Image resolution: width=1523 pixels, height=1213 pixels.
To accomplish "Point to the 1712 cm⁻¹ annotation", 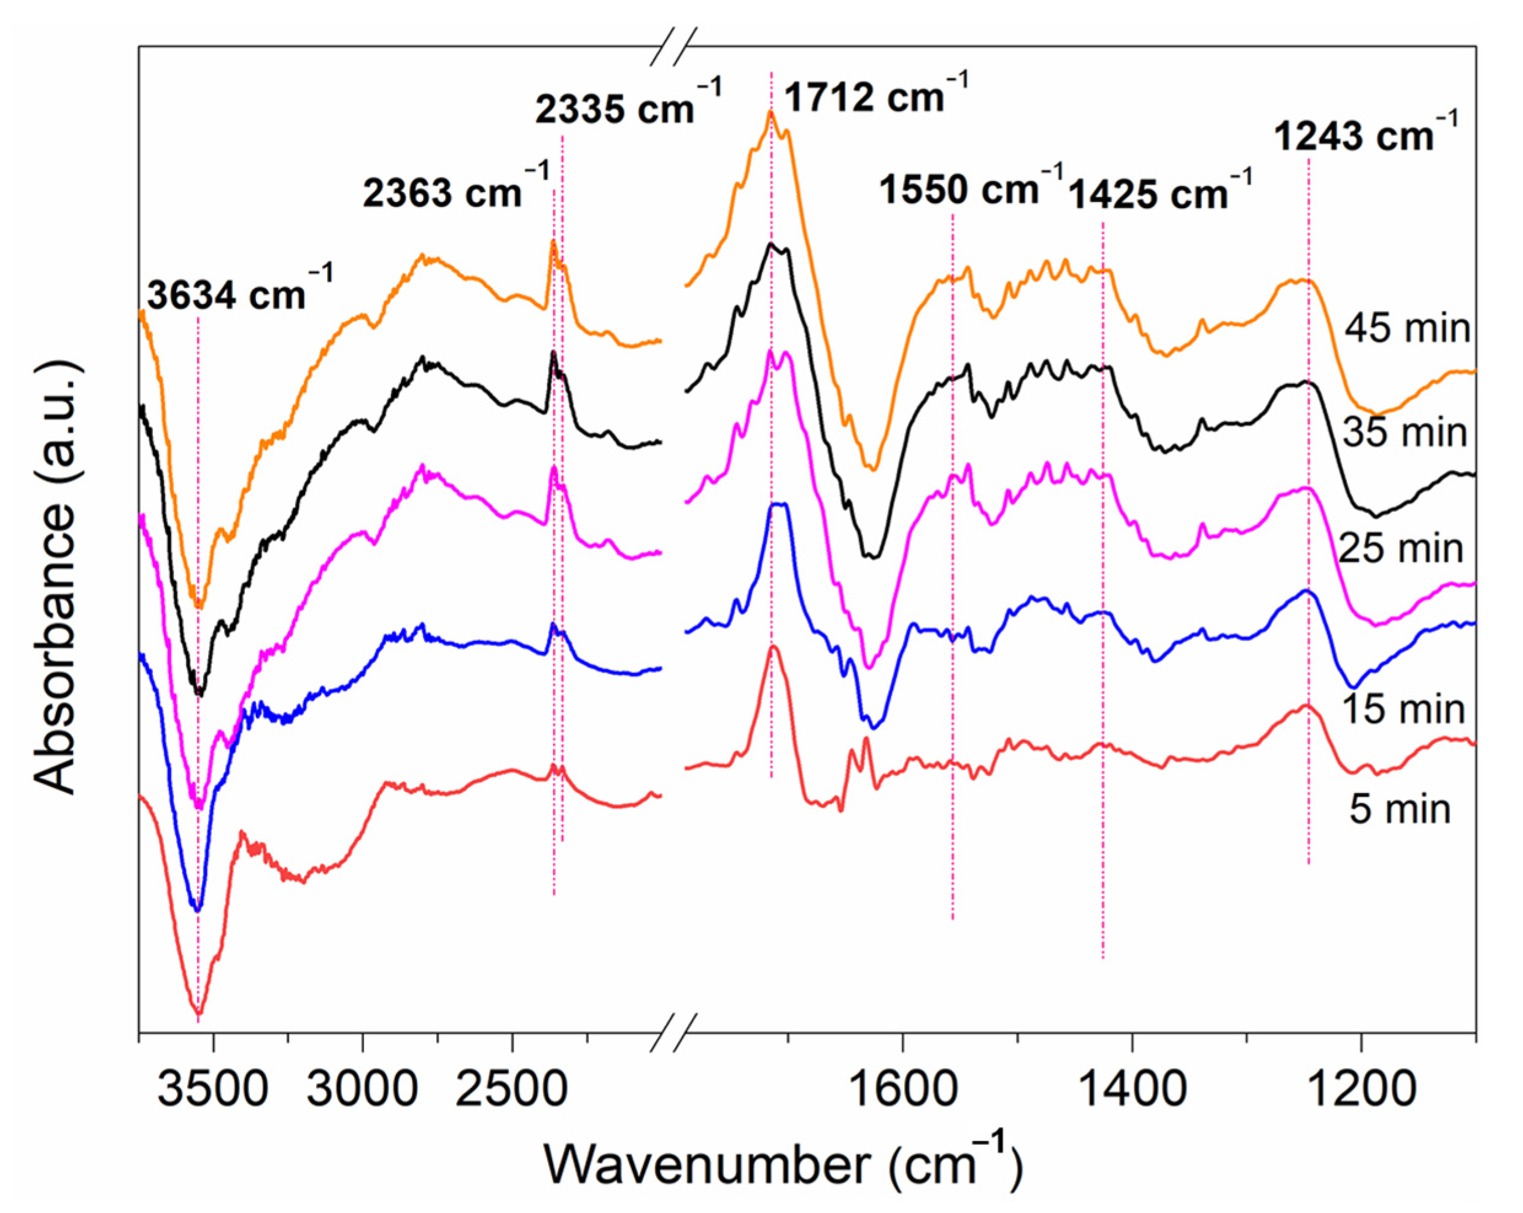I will [875, 95].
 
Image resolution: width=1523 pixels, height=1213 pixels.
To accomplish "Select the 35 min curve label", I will [1405, 432].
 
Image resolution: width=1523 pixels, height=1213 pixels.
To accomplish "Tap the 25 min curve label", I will [1401, 548].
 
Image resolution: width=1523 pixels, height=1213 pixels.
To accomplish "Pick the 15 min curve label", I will [1404, 708].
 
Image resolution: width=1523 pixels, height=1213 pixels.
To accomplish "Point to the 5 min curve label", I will [1400, 809].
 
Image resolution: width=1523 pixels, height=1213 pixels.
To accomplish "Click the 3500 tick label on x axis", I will [212, 1090].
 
